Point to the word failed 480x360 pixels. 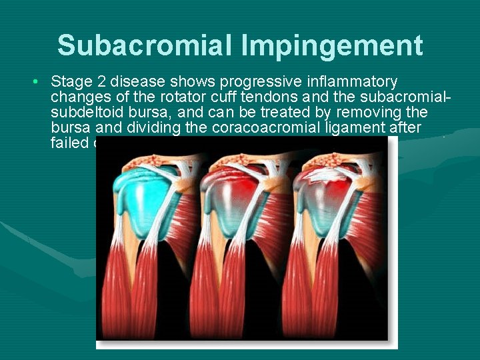pyautogui.click(x=67, y=143)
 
